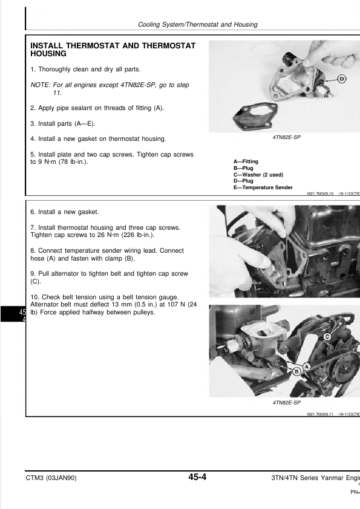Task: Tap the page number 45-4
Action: [197, 477]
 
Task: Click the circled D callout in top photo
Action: [341, 79]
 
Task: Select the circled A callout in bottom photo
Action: [307, 367]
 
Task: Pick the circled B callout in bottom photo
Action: [296, 372]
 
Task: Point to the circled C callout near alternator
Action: [327, 337]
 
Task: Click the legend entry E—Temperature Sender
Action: [263, 187]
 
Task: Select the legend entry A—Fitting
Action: [246, 161]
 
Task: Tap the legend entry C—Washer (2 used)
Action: [258, 175]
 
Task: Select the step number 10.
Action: [34, 297]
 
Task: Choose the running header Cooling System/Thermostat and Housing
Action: [197, 24]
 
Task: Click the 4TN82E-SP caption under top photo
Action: [287, 137]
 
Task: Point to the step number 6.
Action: [33, 212]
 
